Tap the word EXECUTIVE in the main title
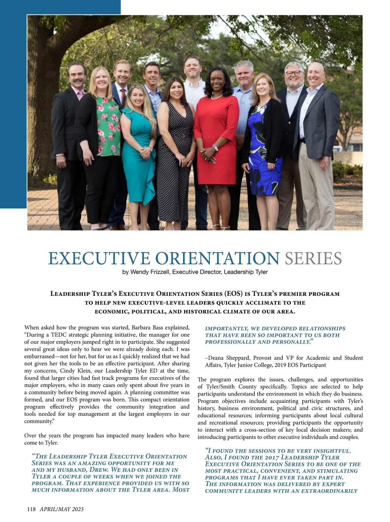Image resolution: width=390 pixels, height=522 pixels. tap(99, 258)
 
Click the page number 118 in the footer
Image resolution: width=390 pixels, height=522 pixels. tap(31, 509)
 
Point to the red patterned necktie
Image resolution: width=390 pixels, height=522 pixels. tap(123, 98)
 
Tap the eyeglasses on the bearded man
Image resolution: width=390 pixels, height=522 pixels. tap(294, 73)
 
